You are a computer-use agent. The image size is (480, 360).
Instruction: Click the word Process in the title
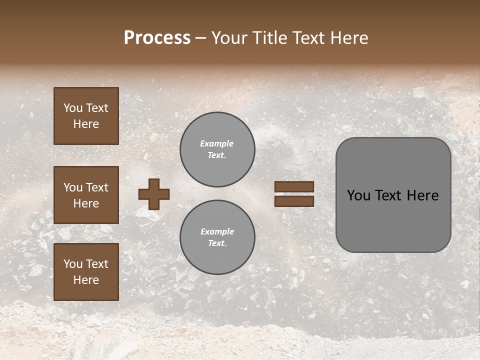157,38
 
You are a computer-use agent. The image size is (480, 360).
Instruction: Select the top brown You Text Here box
86,116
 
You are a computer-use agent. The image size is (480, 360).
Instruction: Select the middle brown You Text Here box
86,195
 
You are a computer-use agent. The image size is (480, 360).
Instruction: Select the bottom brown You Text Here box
86,271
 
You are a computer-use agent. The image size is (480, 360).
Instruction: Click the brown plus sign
154,194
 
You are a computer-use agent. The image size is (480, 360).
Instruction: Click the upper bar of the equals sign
294,187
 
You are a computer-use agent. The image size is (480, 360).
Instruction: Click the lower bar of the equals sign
294,201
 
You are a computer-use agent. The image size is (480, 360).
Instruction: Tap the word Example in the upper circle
216,143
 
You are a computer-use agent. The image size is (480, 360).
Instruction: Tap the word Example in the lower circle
217,231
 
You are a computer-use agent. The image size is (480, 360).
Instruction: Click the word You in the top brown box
72,108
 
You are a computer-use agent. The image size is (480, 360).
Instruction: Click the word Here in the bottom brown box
86,280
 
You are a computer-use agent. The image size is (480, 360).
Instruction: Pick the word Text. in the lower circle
217,243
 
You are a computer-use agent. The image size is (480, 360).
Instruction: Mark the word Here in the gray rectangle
423,195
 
